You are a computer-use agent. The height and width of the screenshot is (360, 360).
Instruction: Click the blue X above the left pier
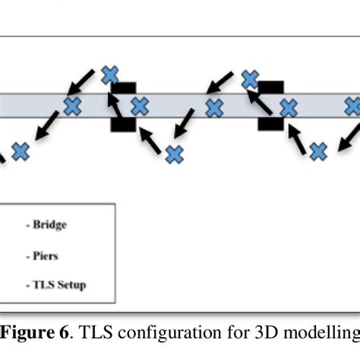(110, 74)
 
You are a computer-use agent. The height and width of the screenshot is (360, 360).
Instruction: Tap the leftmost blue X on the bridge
(73, 106)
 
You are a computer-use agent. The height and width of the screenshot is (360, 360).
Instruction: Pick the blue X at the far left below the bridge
(21, 151)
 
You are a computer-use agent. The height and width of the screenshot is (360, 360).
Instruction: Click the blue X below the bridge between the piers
(175, 155)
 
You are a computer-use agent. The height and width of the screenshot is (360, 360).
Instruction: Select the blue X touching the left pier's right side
(138, 106)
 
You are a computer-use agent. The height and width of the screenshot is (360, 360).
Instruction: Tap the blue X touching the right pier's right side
(289, 107)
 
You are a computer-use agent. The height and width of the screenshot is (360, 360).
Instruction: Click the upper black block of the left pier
(124, 89)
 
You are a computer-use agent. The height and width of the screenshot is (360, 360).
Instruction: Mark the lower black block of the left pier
(123, 123)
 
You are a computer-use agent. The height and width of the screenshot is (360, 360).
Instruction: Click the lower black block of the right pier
(270, 123)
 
